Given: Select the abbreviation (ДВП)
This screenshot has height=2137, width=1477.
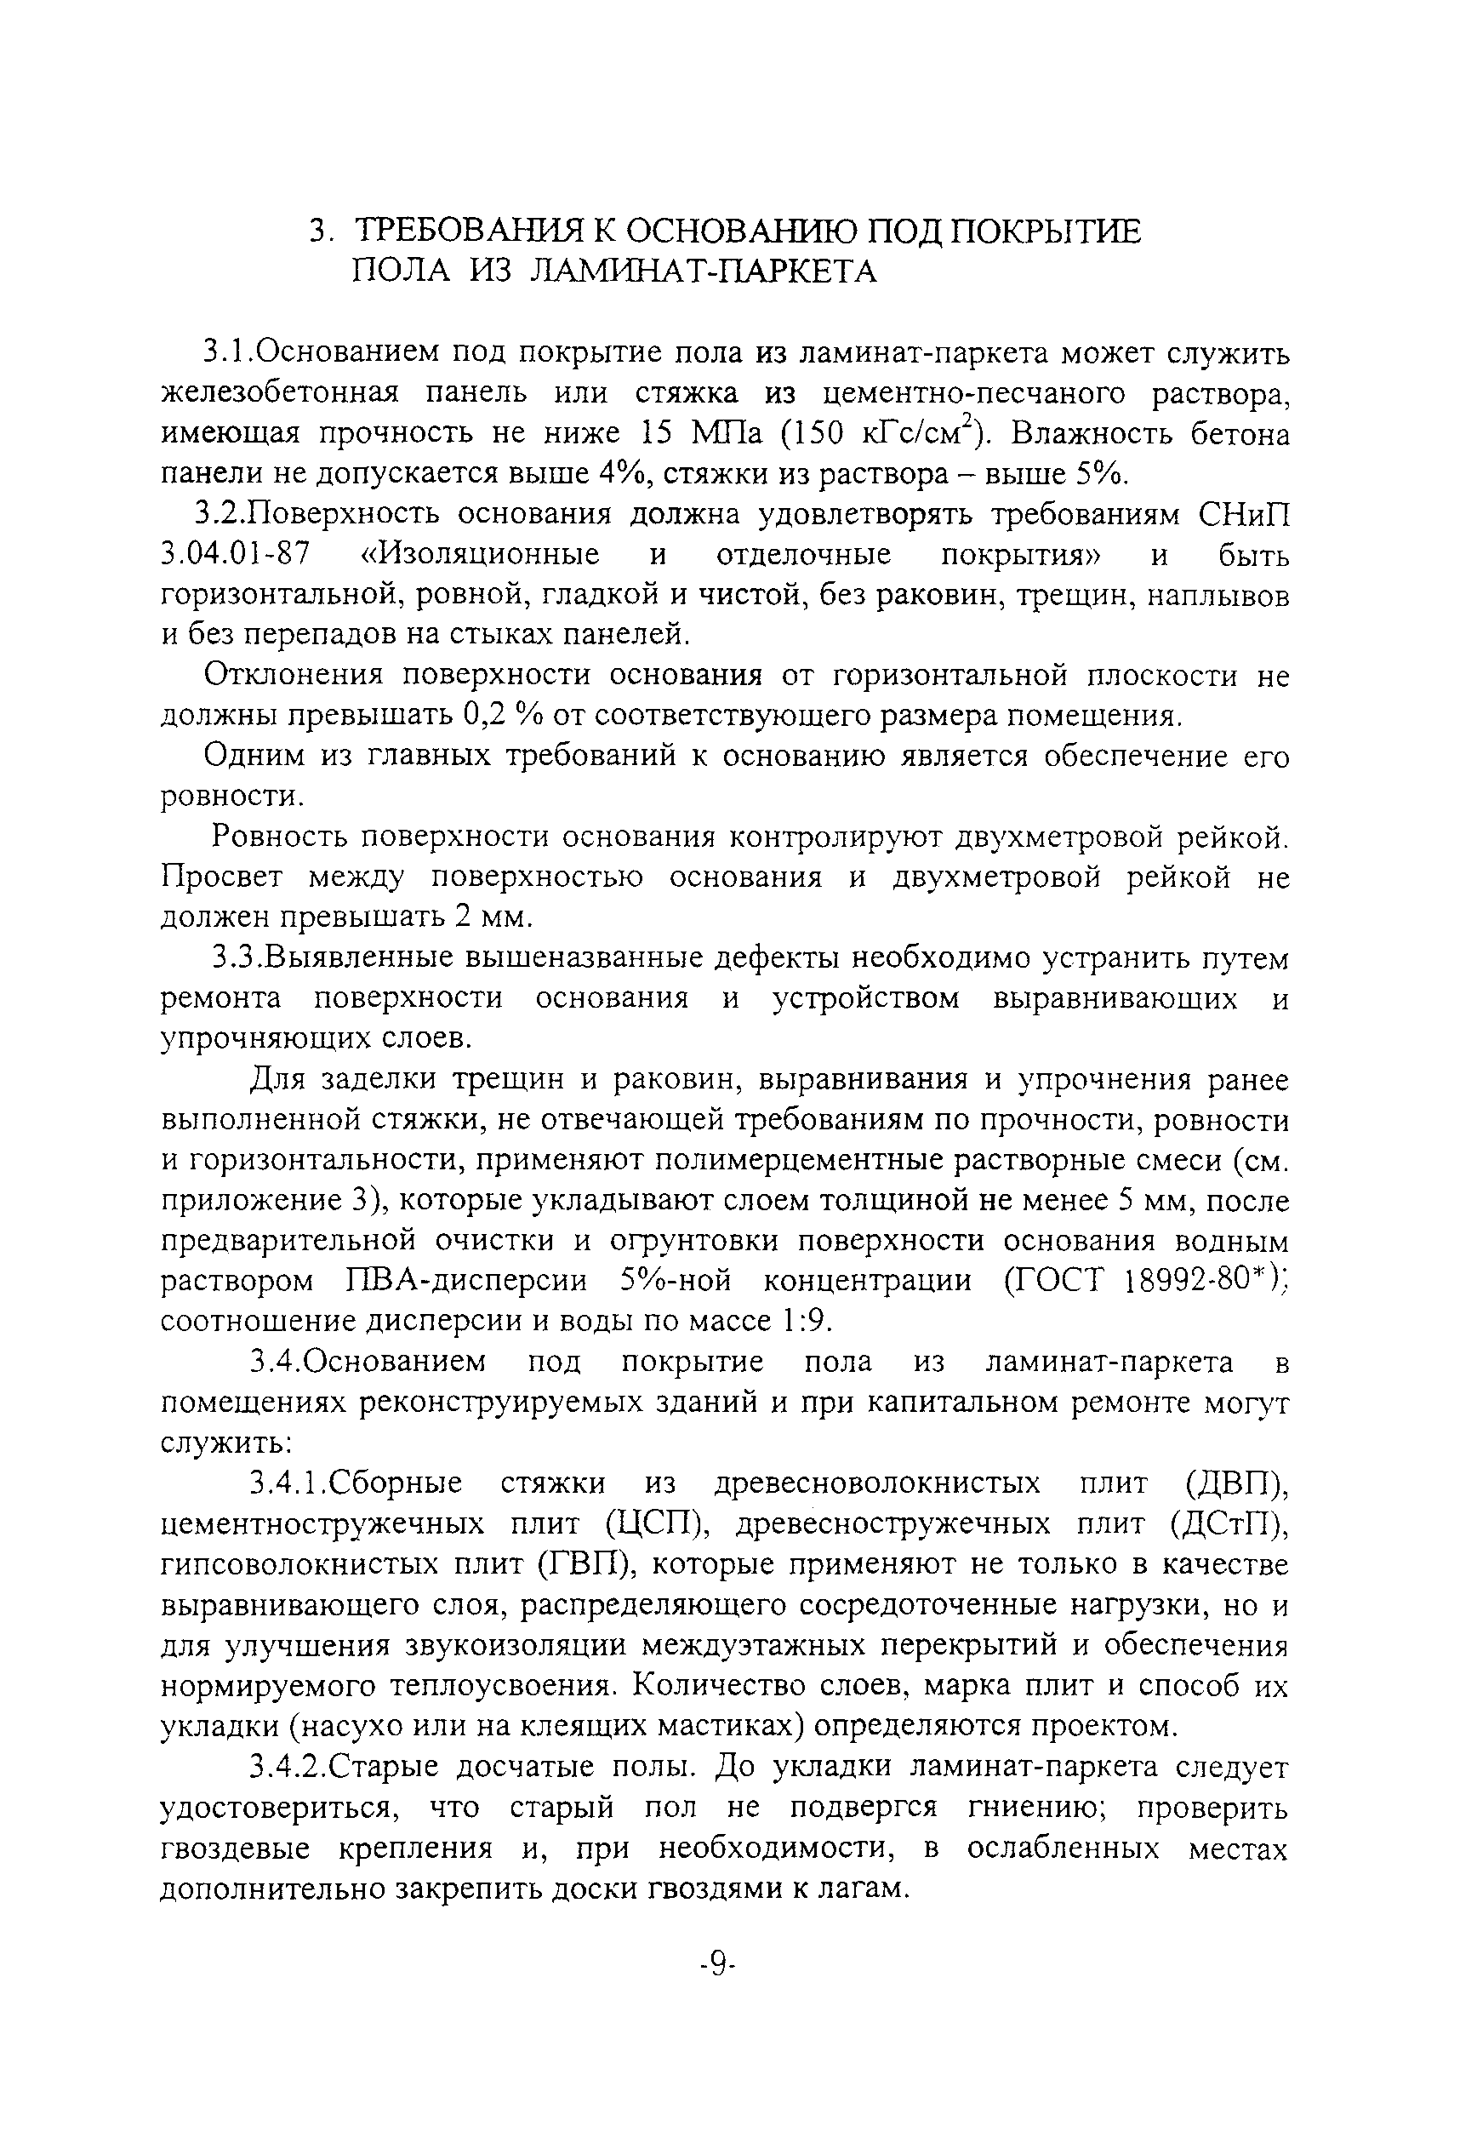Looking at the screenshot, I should point(1236,1484).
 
